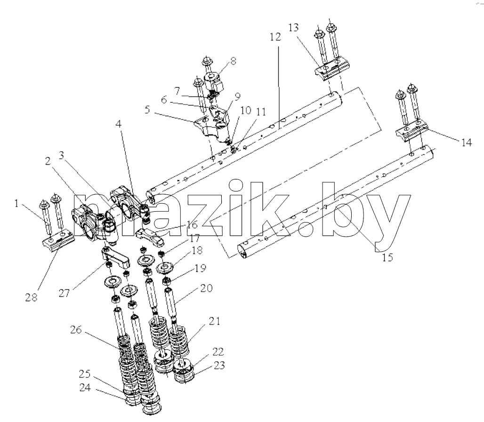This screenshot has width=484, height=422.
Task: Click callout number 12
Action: [x=275, y=37]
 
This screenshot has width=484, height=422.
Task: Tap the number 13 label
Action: [x=294, y=28]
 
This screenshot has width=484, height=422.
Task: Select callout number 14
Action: [x=466, y=143]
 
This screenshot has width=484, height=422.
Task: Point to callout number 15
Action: [x=387, y=257]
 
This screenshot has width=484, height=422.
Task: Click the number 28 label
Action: [x=31, y=297]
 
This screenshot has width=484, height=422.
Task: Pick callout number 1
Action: [x=16, y=204]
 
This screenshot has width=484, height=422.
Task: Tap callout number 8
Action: [x=233, y=61]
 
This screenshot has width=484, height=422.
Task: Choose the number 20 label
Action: [x=207, y=288]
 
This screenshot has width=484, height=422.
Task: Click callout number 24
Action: [x=85, y=388]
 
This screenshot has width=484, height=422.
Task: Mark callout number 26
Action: [x=76, y=330]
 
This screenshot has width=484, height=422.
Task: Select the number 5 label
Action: [x=147, y=110]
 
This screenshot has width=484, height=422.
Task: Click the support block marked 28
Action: [x=58, y=239]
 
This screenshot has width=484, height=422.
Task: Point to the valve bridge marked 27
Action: [x=116, y=256]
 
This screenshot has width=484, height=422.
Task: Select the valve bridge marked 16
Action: [x=150, y=236]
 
